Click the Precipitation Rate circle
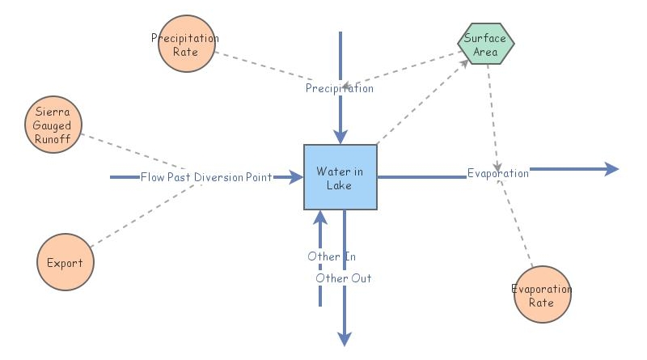pyautogui.click(x=185, y=44)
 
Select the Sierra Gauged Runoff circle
pyautogui.click(x=53, y=126)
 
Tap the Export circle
pyautogui.click(x=66, y=262)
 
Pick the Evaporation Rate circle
pyautogui.click(x=542, y=295)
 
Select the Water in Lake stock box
pyautogui.click(x=340, y=177)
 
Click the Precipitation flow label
pyautogui.click(x=340, y=88)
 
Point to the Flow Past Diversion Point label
pyautogui.click(x=206, y=176)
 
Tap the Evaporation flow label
pyautogui.click(x=498, y=173)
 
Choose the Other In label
pyautogui.click(x=332, y=256)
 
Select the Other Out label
pyautogui.click(x=344, y=277)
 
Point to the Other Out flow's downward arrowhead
pyautogui.click(x=345, y=337)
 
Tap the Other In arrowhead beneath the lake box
pyautogui.click(x=320, y=218)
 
